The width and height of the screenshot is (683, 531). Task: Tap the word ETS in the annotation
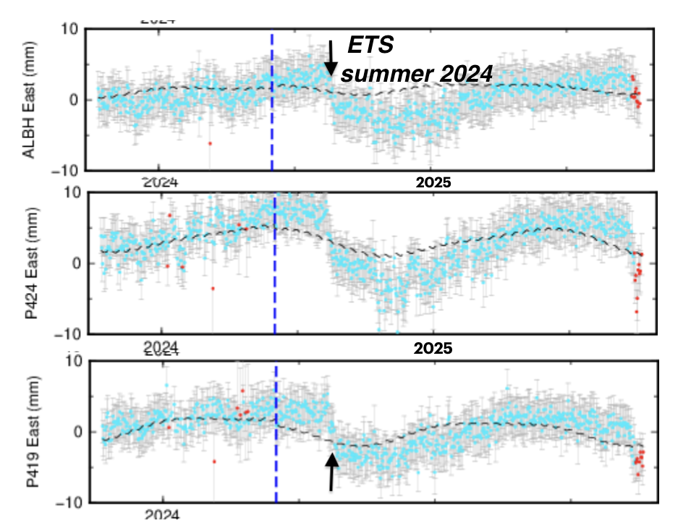pos(370,46)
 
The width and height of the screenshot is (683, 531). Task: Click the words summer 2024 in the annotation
pos(417,73)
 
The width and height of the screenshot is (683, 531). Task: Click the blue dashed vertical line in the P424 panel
pos(275,304)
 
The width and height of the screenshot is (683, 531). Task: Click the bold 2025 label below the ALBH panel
pos(433,182)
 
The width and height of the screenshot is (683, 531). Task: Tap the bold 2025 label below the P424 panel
pos(433,349)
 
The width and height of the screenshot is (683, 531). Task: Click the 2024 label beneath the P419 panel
pos(161,516)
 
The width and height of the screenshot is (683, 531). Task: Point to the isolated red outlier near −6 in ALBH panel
pos(210,143)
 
